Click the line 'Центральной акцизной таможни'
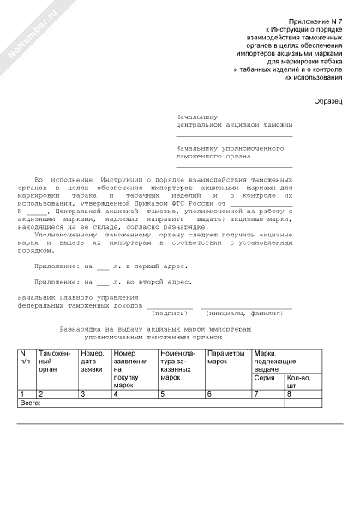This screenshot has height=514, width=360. (232, 124)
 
